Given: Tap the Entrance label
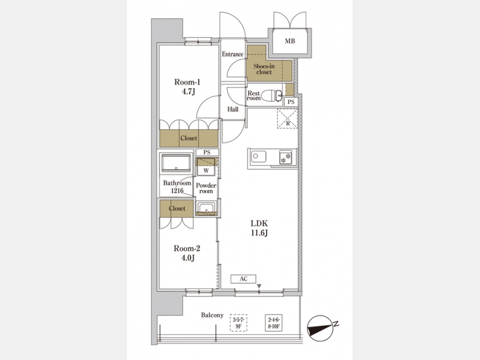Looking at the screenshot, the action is [x=233, y=54].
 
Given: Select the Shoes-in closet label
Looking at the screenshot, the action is [x=264, y=69].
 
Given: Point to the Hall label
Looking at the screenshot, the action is [x=233, y=109].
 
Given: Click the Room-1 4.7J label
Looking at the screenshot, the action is [x=187, y=86].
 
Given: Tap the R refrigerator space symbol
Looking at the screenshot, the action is [x=287, y=118].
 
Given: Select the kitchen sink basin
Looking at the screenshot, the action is [x=259, y=157].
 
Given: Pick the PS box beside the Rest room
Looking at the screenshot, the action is [x=291, y=102].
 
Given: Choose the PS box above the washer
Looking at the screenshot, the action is [x=207, y=153].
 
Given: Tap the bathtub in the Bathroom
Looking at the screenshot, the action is [x=176, y=163].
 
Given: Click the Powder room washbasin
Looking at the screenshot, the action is [x=206, y=207].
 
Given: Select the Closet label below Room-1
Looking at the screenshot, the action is [x=189, y=138].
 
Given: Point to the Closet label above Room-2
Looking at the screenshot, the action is [x=177, y=209].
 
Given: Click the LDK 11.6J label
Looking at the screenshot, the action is [x=259, y=228].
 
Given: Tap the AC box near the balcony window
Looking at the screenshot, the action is [x=243, y=279].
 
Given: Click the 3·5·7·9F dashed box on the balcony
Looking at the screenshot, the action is [x=238, y=323].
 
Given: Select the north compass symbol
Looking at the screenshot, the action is [x=320, y=328].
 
